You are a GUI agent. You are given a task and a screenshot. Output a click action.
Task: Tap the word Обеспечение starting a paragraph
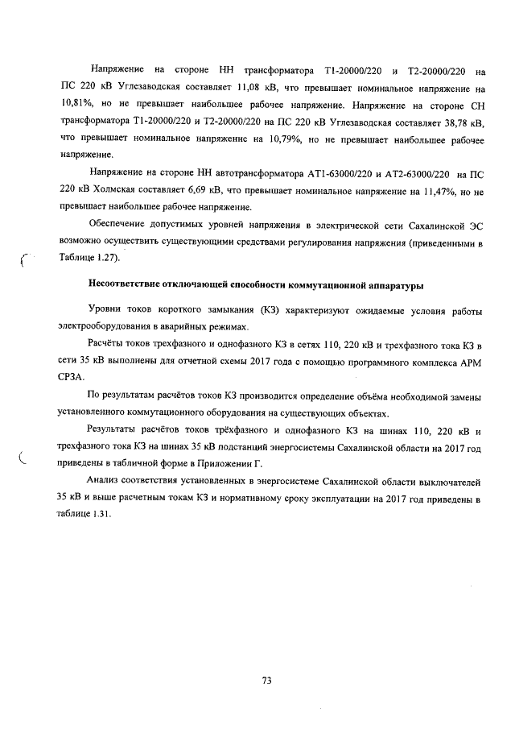click(x=118, y=226)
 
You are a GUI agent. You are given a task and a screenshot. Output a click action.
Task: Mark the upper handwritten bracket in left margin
click(x=24, y=260)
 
